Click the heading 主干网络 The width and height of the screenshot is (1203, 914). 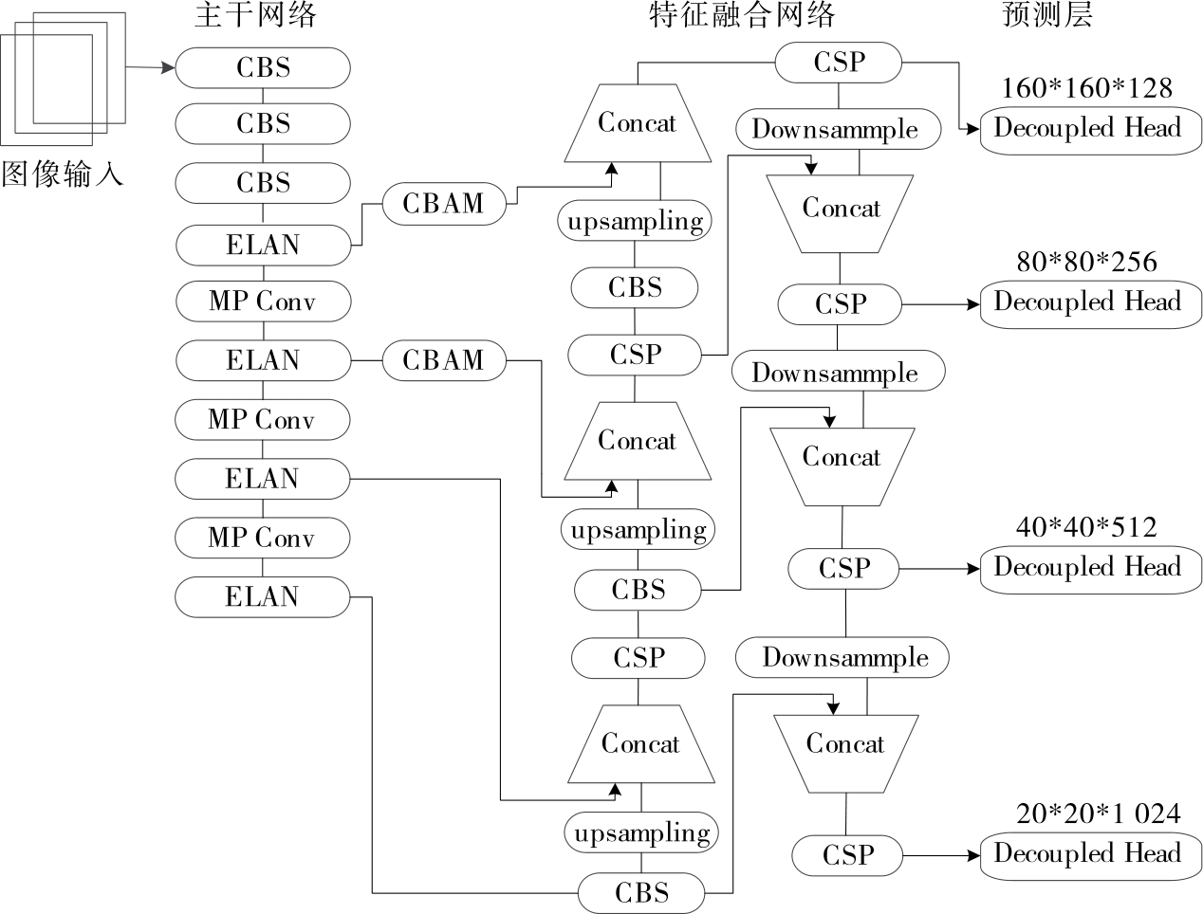point(255,16)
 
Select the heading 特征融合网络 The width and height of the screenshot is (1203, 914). point(742,16)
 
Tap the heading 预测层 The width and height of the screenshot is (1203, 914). point(1047,16)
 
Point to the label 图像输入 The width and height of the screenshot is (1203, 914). point(63,174)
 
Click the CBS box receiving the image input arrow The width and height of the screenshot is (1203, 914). point(263,68)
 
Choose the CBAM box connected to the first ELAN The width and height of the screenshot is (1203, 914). point(443,204)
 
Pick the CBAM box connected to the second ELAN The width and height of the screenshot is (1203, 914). point(443,360)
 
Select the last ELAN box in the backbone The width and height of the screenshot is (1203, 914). point(262,597)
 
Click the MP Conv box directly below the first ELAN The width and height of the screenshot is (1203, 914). point(262,302)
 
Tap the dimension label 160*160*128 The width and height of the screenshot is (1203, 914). point(1087,88)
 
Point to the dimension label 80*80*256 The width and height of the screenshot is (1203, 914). point(1087,262)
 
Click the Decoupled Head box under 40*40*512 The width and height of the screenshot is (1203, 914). point(1090,569)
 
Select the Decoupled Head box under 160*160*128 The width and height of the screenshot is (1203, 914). point(1090,129)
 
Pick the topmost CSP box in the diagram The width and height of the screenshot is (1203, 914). point(839,63)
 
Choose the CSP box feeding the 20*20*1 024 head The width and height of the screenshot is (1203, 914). point(847,855)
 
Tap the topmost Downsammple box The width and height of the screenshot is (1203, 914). point(836,130)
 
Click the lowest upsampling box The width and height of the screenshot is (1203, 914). point(642,833)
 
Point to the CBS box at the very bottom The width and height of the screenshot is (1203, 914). point(641,893)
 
